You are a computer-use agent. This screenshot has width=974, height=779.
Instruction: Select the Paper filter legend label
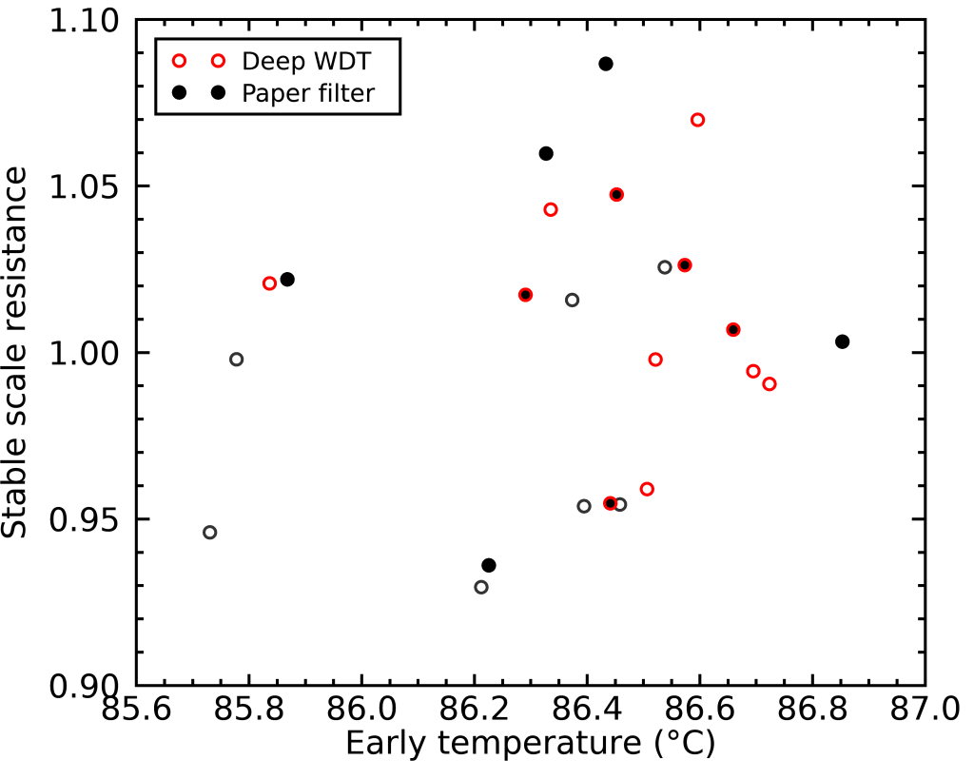click(308, 92)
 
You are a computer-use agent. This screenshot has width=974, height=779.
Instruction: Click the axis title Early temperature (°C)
click(530, 744)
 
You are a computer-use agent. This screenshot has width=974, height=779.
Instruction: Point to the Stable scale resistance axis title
click(17, 352)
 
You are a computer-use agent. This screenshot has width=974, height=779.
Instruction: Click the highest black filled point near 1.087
click(606, 64)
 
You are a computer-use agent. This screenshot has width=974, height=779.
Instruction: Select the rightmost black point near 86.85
click(842, 341)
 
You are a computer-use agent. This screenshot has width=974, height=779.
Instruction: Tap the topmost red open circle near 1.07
click(697, 120)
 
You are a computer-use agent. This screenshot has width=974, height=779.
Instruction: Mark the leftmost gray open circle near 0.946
click(209, 532)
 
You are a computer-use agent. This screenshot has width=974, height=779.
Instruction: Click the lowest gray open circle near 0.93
click(481, 587)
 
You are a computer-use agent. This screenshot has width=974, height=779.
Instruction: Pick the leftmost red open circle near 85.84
click(269, 283)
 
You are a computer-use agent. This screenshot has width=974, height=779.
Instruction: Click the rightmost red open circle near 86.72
click(769, 384)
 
